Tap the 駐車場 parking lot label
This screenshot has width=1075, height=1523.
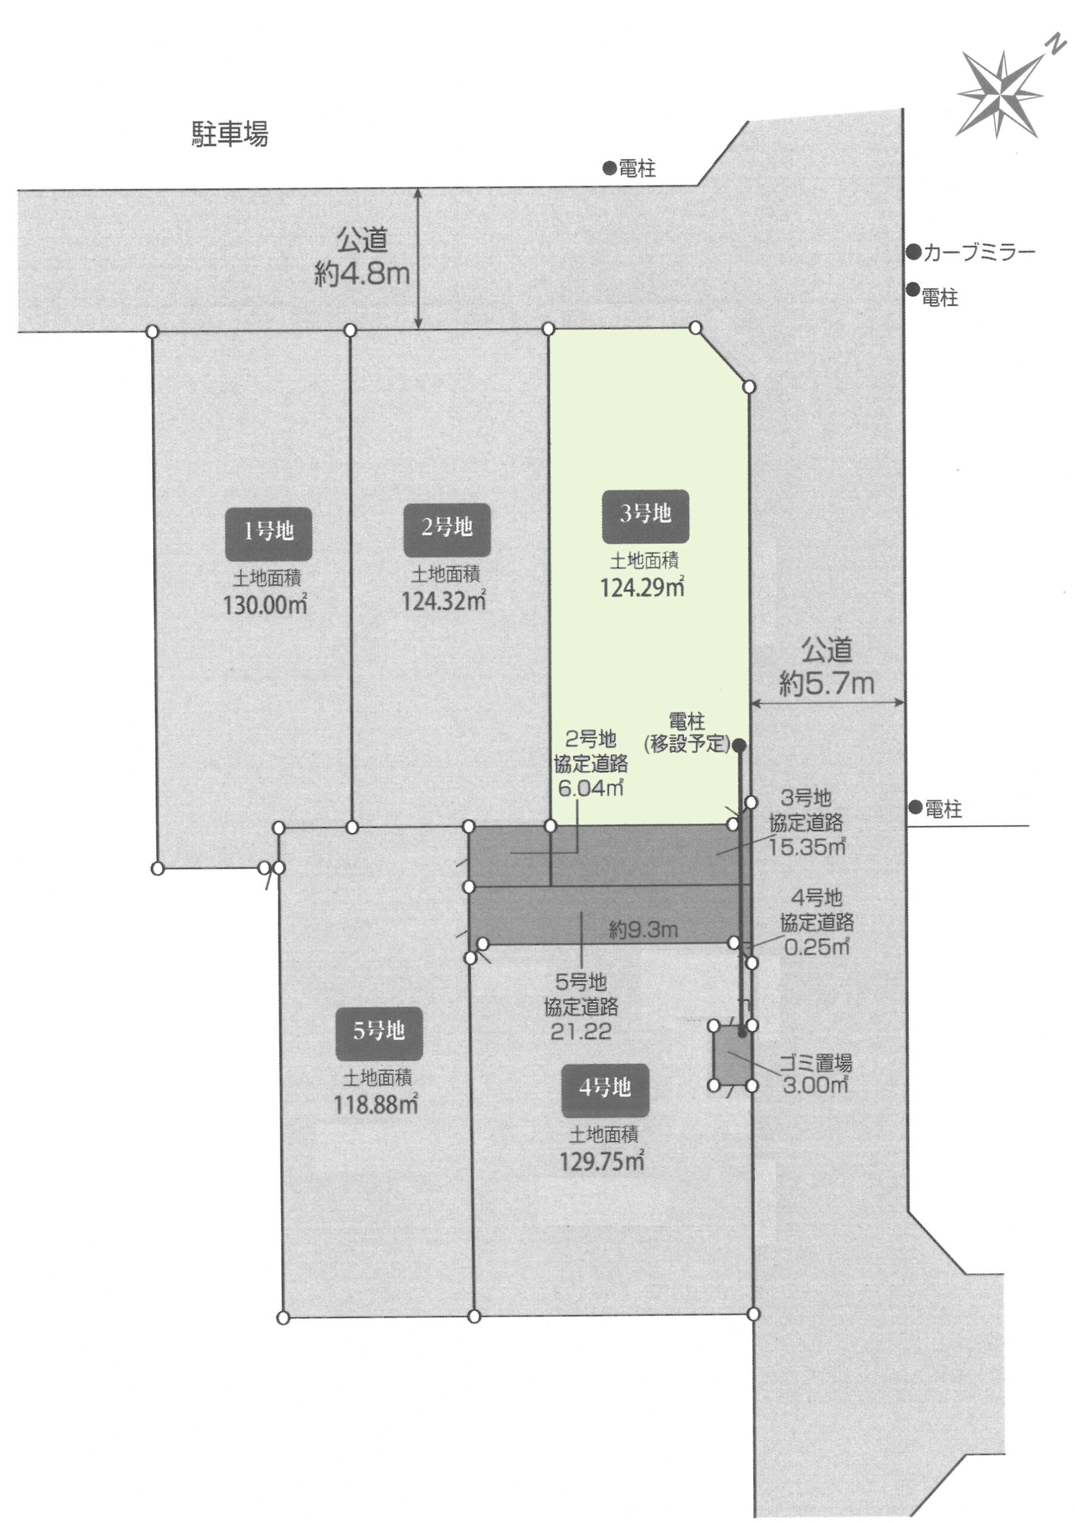coord(230,133)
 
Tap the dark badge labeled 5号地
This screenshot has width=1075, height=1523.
coord(378,1031)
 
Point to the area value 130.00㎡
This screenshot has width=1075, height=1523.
coord(265,606)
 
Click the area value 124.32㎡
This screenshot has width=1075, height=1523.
coord(444,600)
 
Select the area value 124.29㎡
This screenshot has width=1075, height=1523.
coord(642,587)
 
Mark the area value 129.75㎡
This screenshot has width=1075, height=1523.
coord(602,1161)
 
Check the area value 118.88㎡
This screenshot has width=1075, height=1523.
coord(376,1104)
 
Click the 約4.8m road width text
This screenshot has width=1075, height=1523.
coord(362,274)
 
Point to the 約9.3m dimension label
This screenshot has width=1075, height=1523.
coord(643,930)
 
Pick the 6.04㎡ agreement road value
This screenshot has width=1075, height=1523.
coord(590,788)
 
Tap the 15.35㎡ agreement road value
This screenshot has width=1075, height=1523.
coord(807,847)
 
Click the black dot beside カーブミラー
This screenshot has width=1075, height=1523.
coord(914,252)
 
